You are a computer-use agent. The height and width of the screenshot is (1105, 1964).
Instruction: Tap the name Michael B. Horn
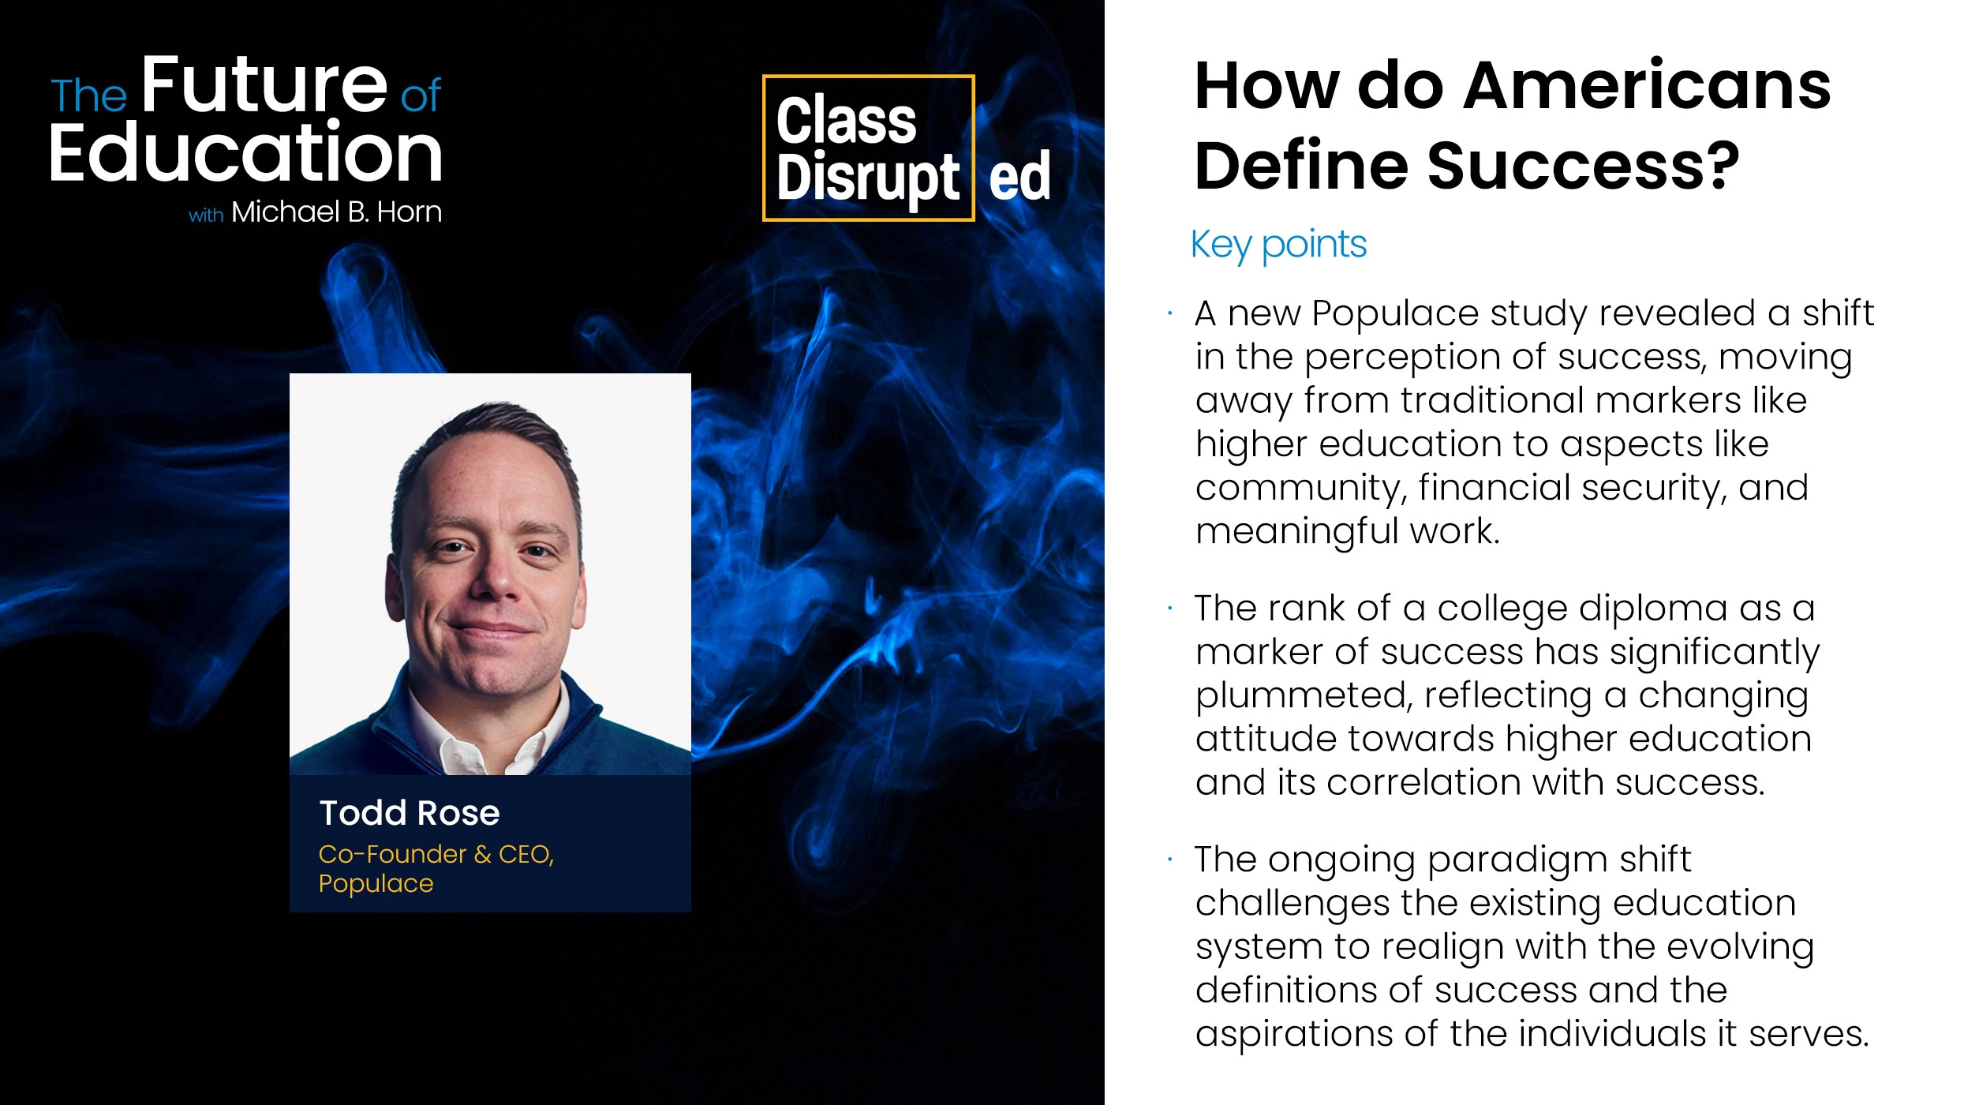click(x=336, y=212)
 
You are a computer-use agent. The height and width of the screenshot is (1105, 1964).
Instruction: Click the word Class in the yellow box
click(x=846, y=120)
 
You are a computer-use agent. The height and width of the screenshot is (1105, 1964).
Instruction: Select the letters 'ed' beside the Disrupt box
click(x=1019, y=176)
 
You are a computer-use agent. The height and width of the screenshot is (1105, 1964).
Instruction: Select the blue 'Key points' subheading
click(x=1278, y=245)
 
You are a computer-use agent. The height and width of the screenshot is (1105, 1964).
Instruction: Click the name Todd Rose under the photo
click(x=410, y=813)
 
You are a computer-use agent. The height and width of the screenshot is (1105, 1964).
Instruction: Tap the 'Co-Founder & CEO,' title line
click(x=436, y=854)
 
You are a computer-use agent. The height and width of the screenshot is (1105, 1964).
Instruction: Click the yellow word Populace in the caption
click(x=376, y=884)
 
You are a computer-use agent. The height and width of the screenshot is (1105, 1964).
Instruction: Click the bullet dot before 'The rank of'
click(x=1170, y=609)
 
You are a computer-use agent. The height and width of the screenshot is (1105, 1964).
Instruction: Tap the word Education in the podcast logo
click(x=245, y=152)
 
